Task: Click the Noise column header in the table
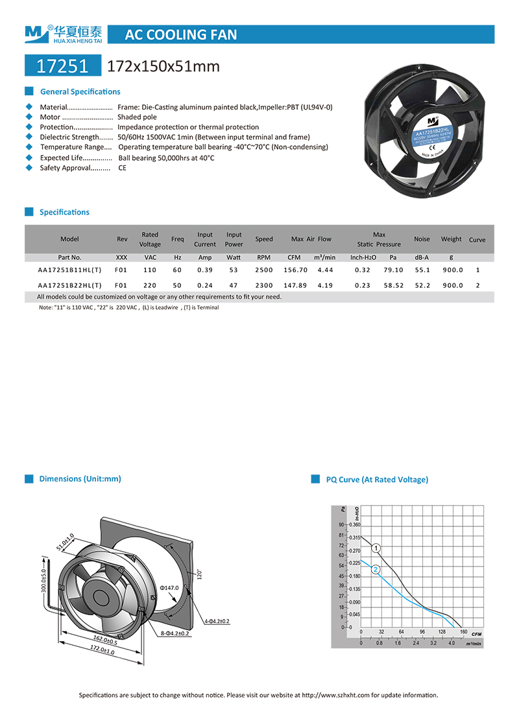[x=422, y=239]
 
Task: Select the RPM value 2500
[x=264, y=270]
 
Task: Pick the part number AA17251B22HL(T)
[x=69, y=285]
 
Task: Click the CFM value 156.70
[x=295, y=270]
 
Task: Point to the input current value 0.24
[x=205, y=285]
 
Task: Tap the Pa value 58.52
[x=393, y=285]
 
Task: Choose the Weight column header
[x=452, y=239]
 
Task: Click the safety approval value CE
[x=122, y=168]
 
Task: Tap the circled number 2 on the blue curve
[x=376, y=569]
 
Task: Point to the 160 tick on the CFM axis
[x=463, y=632]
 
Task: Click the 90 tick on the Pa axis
[x=341, y=524]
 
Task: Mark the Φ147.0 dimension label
[x=169, y=588]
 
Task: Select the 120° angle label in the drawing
[x=200, y=574]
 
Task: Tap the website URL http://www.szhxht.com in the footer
[x=336, y=695]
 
